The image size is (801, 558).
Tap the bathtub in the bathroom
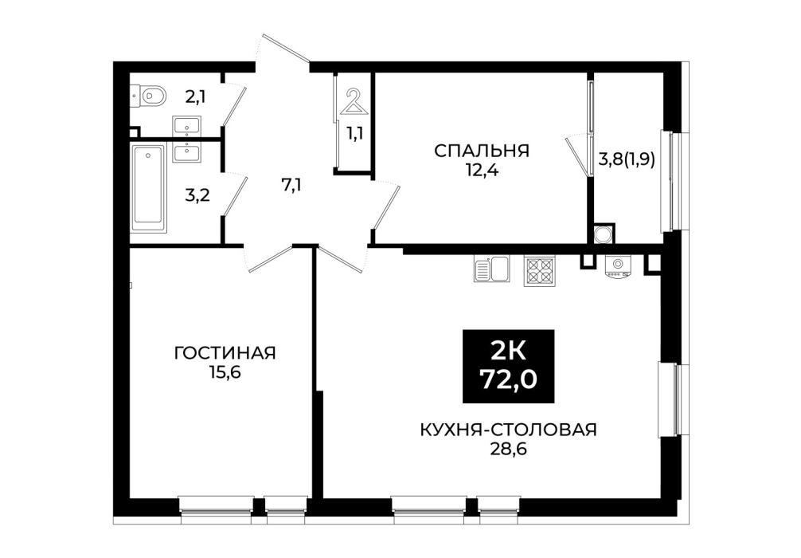click(x=148, y=189)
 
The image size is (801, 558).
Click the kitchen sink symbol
click(x=491, y=269)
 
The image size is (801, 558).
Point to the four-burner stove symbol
click(x=538, y=270)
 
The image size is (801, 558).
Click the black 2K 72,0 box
click(x=508, y=366)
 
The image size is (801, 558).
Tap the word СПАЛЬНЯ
click(x=481, y=151)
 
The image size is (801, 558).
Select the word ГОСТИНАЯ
click(x=225, y=353)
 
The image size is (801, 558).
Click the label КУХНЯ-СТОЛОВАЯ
click(x=508, y=430)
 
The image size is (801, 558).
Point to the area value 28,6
click(x=508, y=449)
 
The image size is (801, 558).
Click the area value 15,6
click(x=225, y=372)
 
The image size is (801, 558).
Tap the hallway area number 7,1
click(x=291, y=185)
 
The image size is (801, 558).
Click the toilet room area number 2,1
click(x=195, y=96)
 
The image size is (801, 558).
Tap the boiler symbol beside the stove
click(x=618, y=266)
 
